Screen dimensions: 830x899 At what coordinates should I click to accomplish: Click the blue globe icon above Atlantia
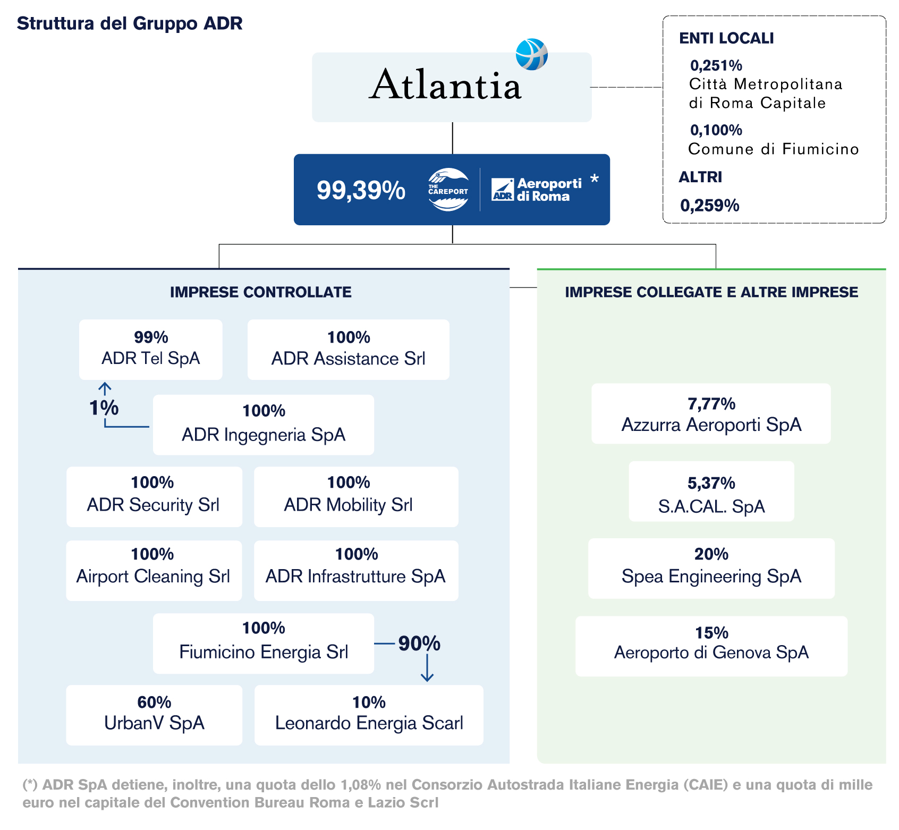click(x=531, y=54)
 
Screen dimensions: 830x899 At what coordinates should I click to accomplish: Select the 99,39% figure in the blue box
click(x=361, y=190)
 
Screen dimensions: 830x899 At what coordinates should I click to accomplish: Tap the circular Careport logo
click(x=448, y=190)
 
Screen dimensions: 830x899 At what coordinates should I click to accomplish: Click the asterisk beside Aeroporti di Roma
click(x=595, y=180)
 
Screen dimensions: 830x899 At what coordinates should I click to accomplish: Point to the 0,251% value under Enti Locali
click(x=716, y=65)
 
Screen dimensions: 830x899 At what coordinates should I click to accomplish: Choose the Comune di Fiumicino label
click(x=773, y=149)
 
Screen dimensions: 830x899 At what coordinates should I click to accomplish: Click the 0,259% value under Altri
click(x=709, y=205)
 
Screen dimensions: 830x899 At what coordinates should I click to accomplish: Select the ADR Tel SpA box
click(x=151, y=349)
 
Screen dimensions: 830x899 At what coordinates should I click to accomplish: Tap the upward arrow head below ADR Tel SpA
click(x=105, y=386)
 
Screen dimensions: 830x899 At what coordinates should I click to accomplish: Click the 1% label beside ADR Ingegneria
click(x=104, y=408)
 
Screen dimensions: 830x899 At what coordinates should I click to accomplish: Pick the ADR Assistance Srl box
click(x=348, y=349)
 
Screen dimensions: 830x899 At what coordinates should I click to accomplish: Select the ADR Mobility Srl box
click(x=355, y=496)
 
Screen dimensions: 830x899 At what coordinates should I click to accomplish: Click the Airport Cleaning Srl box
click(x=154, y=570)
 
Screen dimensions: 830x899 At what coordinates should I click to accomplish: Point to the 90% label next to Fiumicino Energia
click(x=419, y=643)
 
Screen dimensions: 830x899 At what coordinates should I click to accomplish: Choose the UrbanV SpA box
click(x=154, y=715)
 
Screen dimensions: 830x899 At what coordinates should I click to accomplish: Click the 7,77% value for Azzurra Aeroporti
click(x=711, y=404)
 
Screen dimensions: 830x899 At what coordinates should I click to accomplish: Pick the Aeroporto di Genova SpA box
click(x=711, y=646)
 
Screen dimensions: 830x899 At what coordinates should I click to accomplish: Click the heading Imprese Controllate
click(x=260, y=292)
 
